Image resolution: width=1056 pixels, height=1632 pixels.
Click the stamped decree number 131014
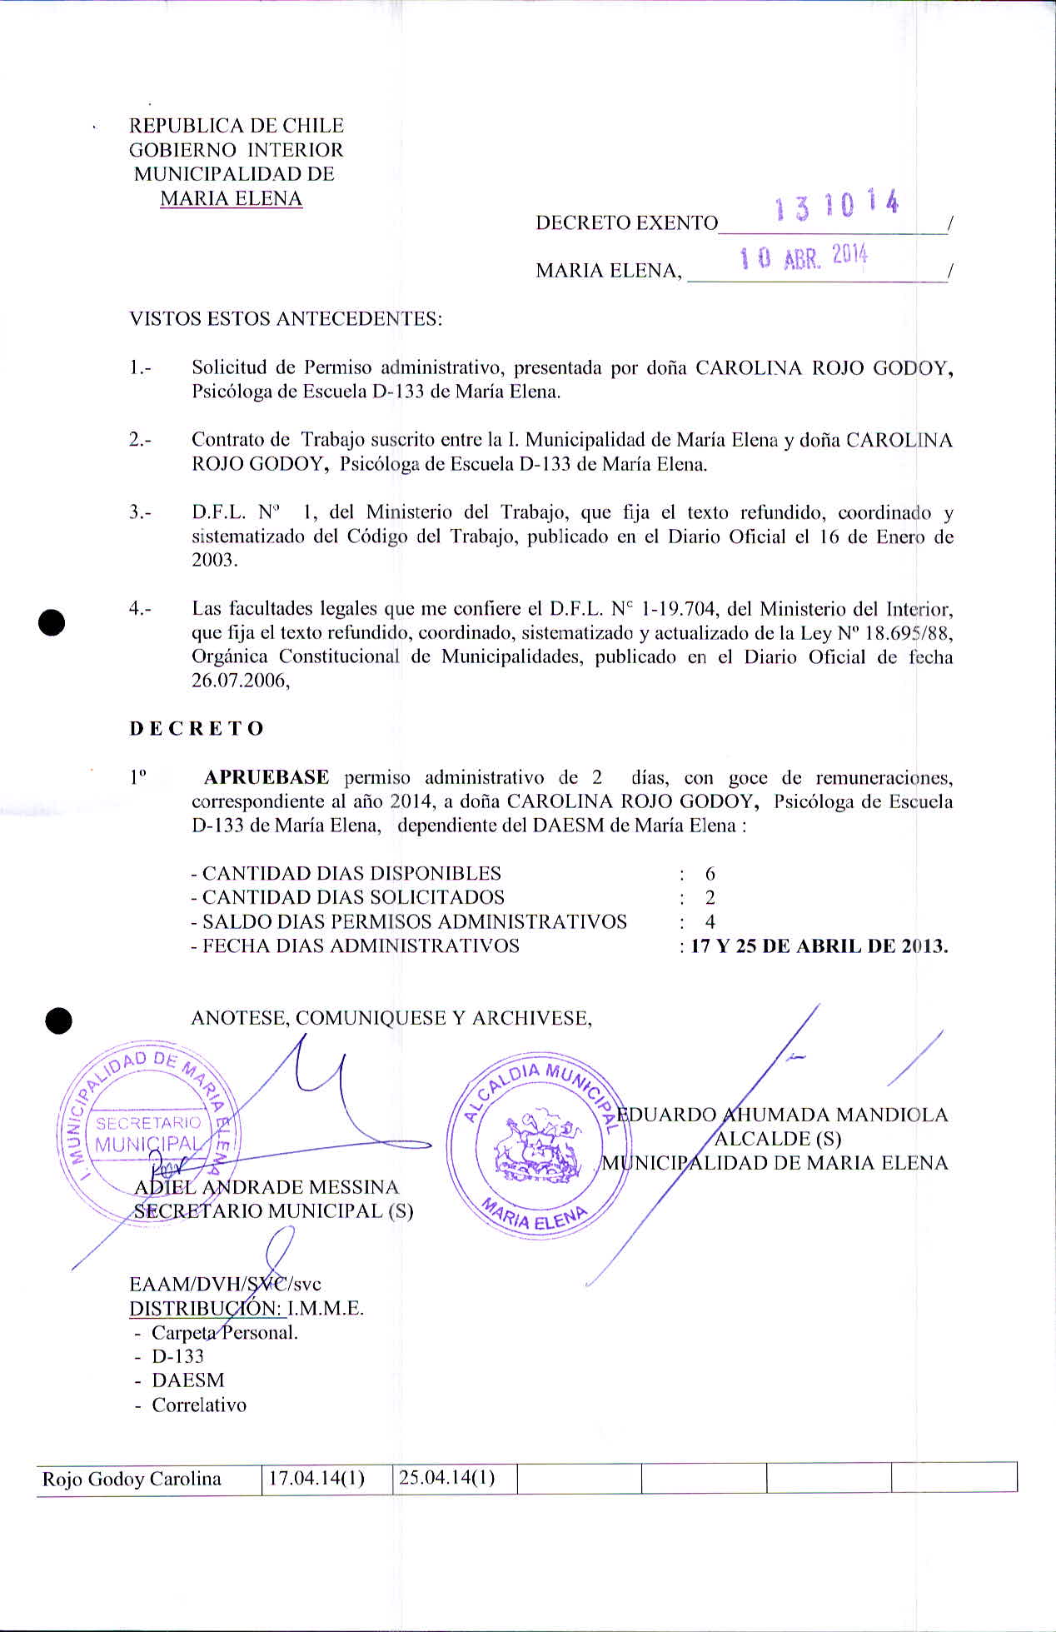click(x=836, y=205)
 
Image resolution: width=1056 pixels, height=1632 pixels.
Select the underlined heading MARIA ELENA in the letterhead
click(x=231, y=198)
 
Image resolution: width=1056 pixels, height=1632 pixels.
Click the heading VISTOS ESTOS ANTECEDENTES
click(x=286, y=319)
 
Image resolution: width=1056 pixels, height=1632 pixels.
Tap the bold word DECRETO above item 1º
click(x=197, y=729)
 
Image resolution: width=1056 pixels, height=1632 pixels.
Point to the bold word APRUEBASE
click(x=266, y=777)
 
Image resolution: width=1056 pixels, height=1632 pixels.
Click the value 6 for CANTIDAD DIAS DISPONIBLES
click(x=710, y=874)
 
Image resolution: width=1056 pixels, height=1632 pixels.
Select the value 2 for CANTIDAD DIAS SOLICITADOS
click(x=710, y=898)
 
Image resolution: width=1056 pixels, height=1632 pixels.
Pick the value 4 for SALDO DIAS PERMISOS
click(x=710, y=922)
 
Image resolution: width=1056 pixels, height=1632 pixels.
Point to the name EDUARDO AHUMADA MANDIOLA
click(x=786, y=1115)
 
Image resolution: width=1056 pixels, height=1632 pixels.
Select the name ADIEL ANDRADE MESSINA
click(x=266, y=1187)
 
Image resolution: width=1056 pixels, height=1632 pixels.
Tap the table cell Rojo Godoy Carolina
click(x=132, y=1479)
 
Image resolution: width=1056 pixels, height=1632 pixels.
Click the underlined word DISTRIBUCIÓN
click(x=206, y=1308)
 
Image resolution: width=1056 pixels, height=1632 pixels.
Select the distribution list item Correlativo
click(x=199, y=1405)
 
